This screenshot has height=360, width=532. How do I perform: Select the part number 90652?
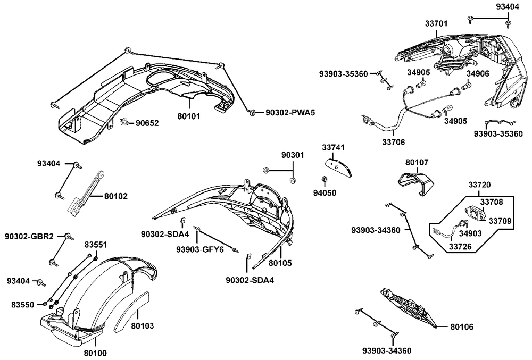pos(146,123)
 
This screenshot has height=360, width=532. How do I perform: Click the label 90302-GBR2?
pos(29,236)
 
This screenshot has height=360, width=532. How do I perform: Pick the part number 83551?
pos(95,245)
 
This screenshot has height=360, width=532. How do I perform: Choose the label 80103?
pos(143,326)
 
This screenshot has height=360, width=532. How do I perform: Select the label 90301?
pos(293,155)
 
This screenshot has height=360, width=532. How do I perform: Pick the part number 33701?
pos(436,23)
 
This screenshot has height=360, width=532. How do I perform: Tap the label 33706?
pos(393,142)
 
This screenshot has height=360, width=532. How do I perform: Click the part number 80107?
pos(417,163)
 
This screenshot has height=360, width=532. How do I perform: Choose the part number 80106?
pos(461,326)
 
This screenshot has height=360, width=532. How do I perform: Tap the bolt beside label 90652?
pos(124,123)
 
